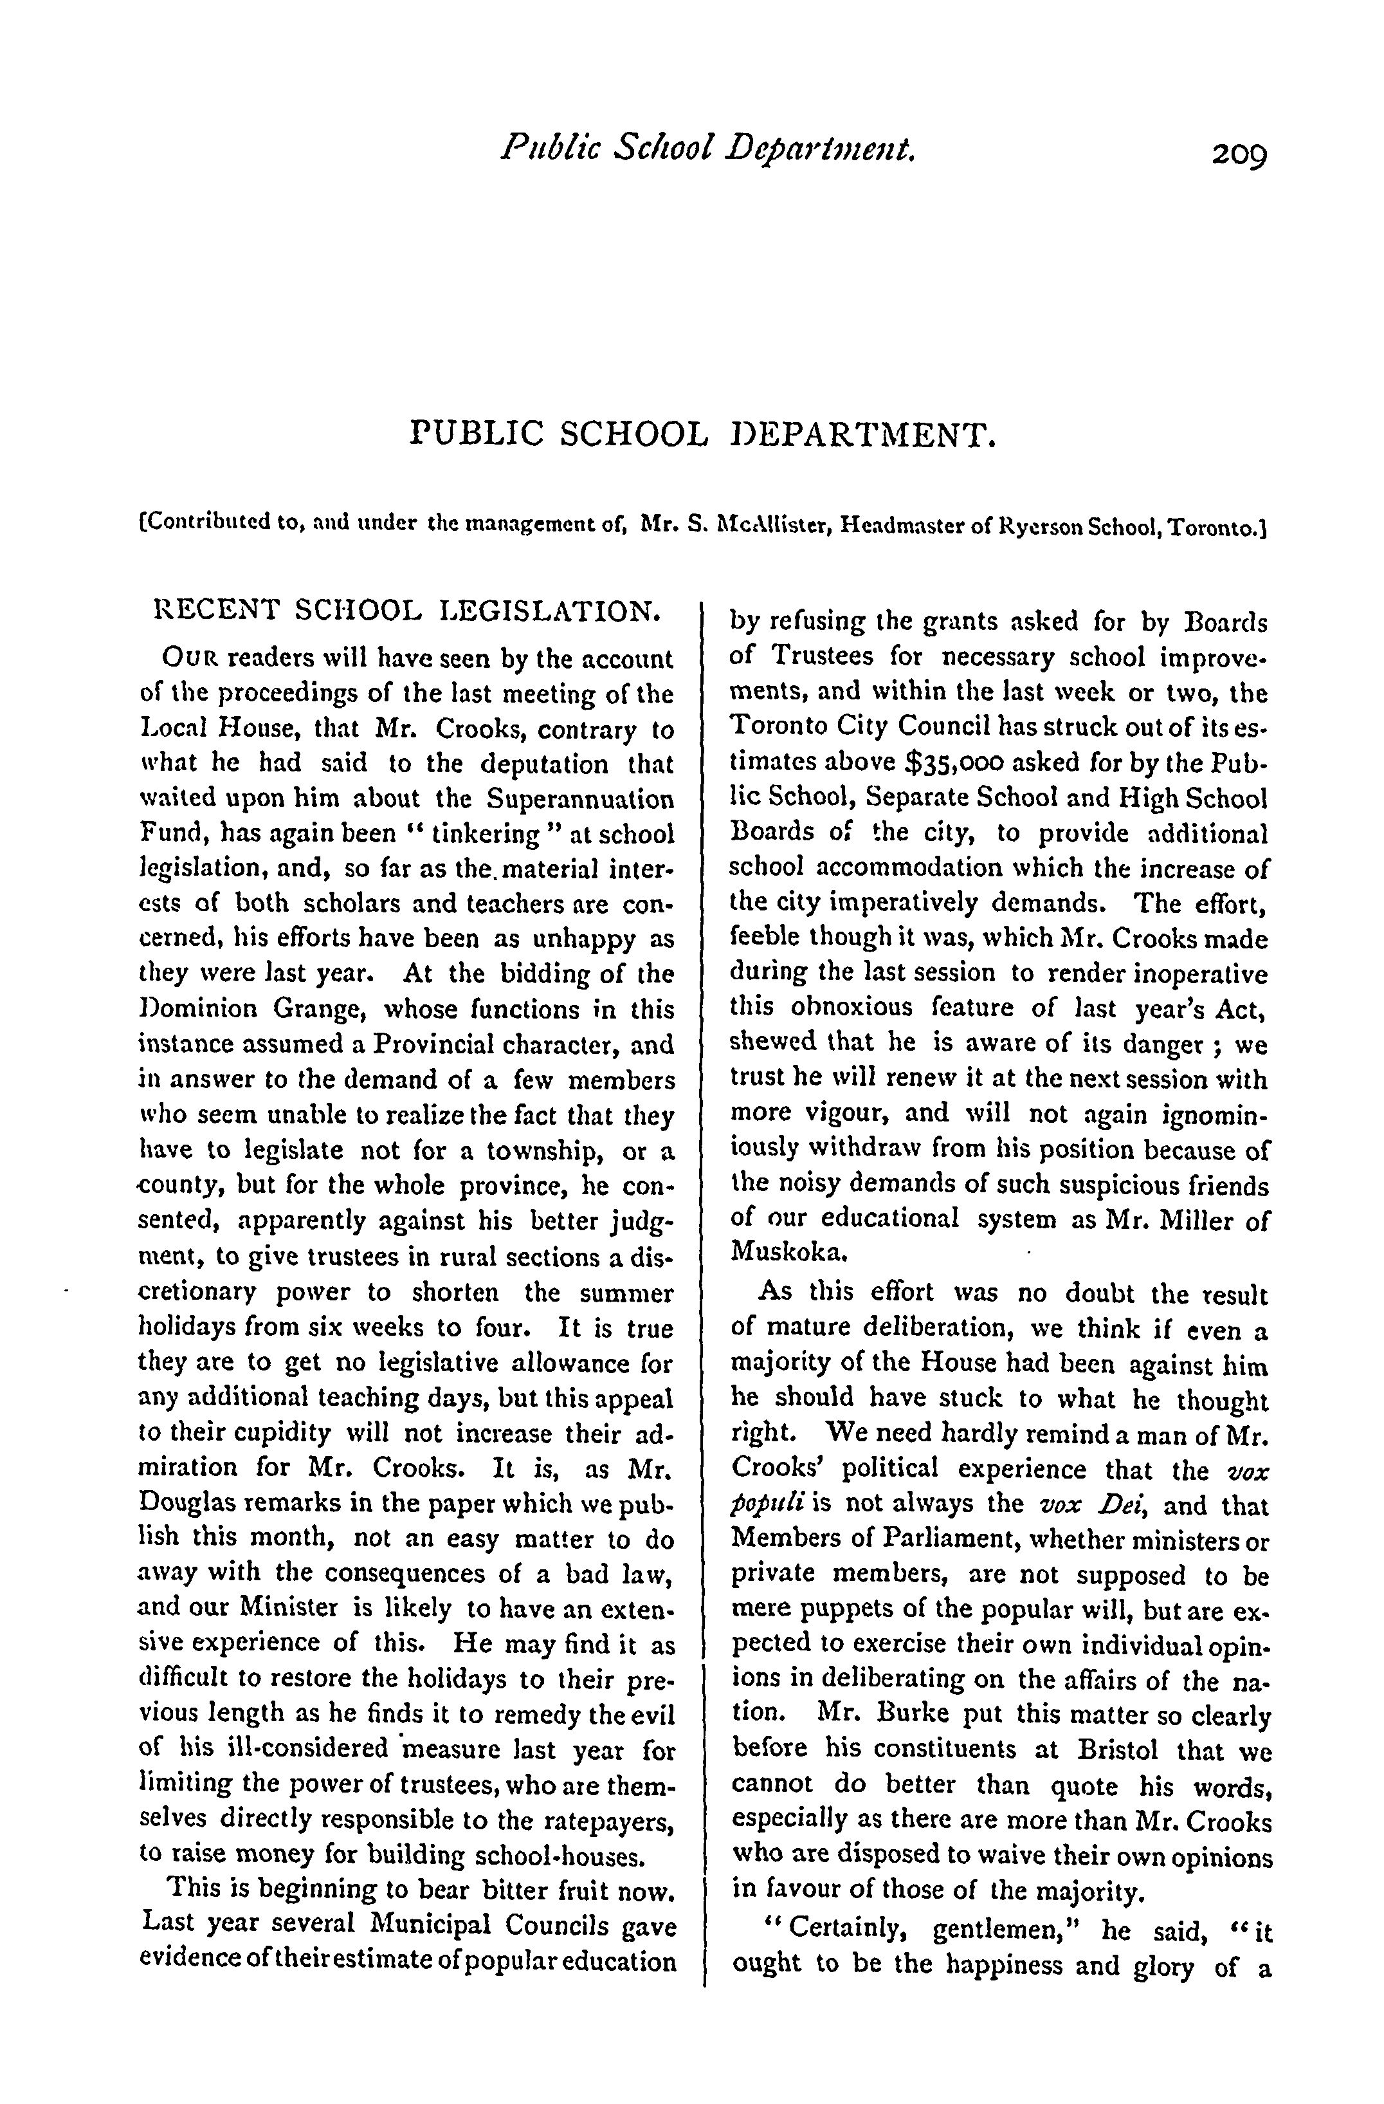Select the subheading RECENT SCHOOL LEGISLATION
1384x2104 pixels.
(406, 610)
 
